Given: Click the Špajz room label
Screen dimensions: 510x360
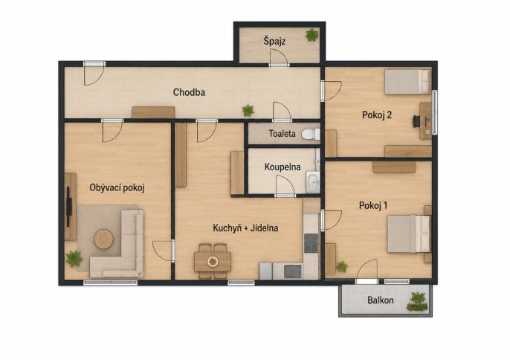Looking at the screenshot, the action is click(x=274, y=42).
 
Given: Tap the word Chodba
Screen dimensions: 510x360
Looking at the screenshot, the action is click(x=189, y=92).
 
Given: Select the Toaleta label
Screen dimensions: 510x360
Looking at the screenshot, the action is click(x=282, y=133).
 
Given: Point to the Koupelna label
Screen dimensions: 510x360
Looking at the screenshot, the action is click(x=283, y=167).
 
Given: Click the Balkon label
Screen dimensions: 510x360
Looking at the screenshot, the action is click(x=380, y=300).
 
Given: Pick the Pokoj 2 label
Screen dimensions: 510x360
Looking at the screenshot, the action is click(x=377, y=115).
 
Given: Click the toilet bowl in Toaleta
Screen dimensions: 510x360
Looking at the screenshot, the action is click(x=311, y=134).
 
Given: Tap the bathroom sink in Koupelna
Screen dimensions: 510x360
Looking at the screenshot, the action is click(x=313, y=182).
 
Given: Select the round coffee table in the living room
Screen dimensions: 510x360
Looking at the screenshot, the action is click(x=104, y=239).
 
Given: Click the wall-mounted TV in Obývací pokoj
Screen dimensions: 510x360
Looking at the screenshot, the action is click(x=69, y=206).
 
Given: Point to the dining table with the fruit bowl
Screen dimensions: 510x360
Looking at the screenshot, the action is click(x=213, y=261).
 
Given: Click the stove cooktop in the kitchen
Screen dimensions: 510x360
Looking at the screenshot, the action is click(x=311, y=243).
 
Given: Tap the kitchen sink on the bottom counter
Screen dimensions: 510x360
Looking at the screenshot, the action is click(x=292, y=271).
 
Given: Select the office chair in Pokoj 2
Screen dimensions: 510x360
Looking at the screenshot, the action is click(x=417, y=121).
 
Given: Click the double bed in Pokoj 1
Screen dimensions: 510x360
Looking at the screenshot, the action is click(x=409, y=234).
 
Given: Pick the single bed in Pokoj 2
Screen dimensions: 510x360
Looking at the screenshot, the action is click(x=407, y=82).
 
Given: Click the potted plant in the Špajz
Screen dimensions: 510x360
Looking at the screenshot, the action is click(x=312, y=35).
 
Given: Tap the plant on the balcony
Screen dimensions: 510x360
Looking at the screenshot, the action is click(x=418, y=302).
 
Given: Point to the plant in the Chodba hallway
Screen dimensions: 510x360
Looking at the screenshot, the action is click(x=248, y=111).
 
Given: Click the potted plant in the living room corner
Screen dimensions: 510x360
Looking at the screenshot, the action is click(x=74, y=259).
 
